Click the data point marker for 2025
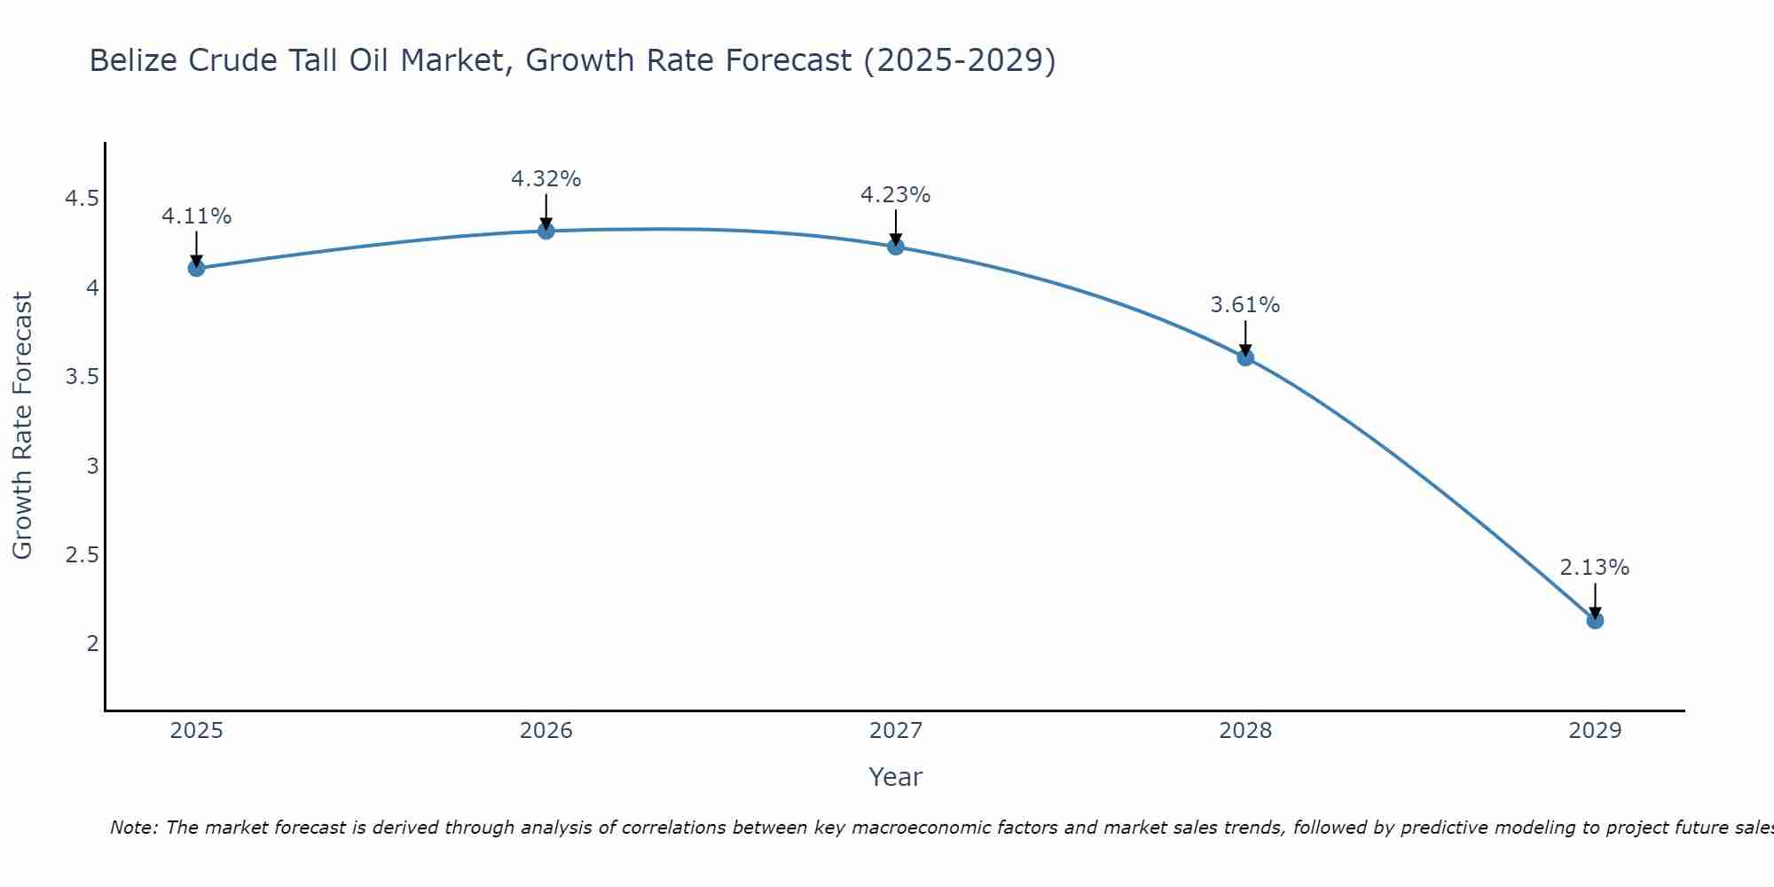pos(197,268)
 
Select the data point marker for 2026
pos(546,231)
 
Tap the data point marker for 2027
pos(896,247)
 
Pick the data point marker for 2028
pos(1245,357)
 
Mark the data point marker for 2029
pos(1595,620)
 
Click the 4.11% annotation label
pos(197,216)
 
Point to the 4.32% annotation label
pos(546,179)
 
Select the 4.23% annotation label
pos(896,195)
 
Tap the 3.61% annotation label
pos(1245,305)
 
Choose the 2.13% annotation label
pos(1595,568)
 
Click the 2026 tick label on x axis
pos(546,731)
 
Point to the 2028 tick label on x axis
pos(1245,731)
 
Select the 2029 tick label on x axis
pos(1595,731)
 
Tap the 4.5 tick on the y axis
pos(82,199)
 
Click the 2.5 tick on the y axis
pos(82,555)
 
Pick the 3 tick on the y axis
pos(92,466)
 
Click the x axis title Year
pos(896,777)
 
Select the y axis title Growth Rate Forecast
pos(23,426)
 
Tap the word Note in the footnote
pos(133,828)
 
